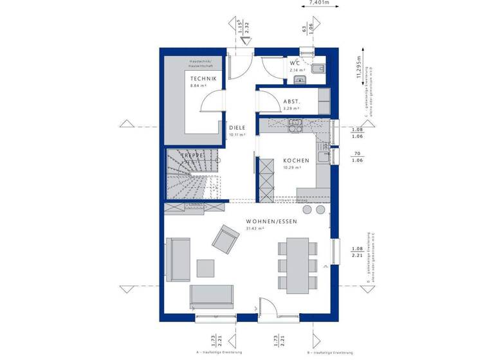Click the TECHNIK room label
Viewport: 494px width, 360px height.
(203, 78)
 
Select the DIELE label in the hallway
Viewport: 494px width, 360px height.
(237, 127)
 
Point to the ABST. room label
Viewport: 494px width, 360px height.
(291, 102)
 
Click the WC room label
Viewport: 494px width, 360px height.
(295, 63)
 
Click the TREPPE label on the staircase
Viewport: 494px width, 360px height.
(192, 156)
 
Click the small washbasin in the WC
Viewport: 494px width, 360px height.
(299, 80)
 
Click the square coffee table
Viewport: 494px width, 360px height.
(206, 267)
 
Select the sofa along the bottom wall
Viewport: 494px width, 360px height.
(212, 296)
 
